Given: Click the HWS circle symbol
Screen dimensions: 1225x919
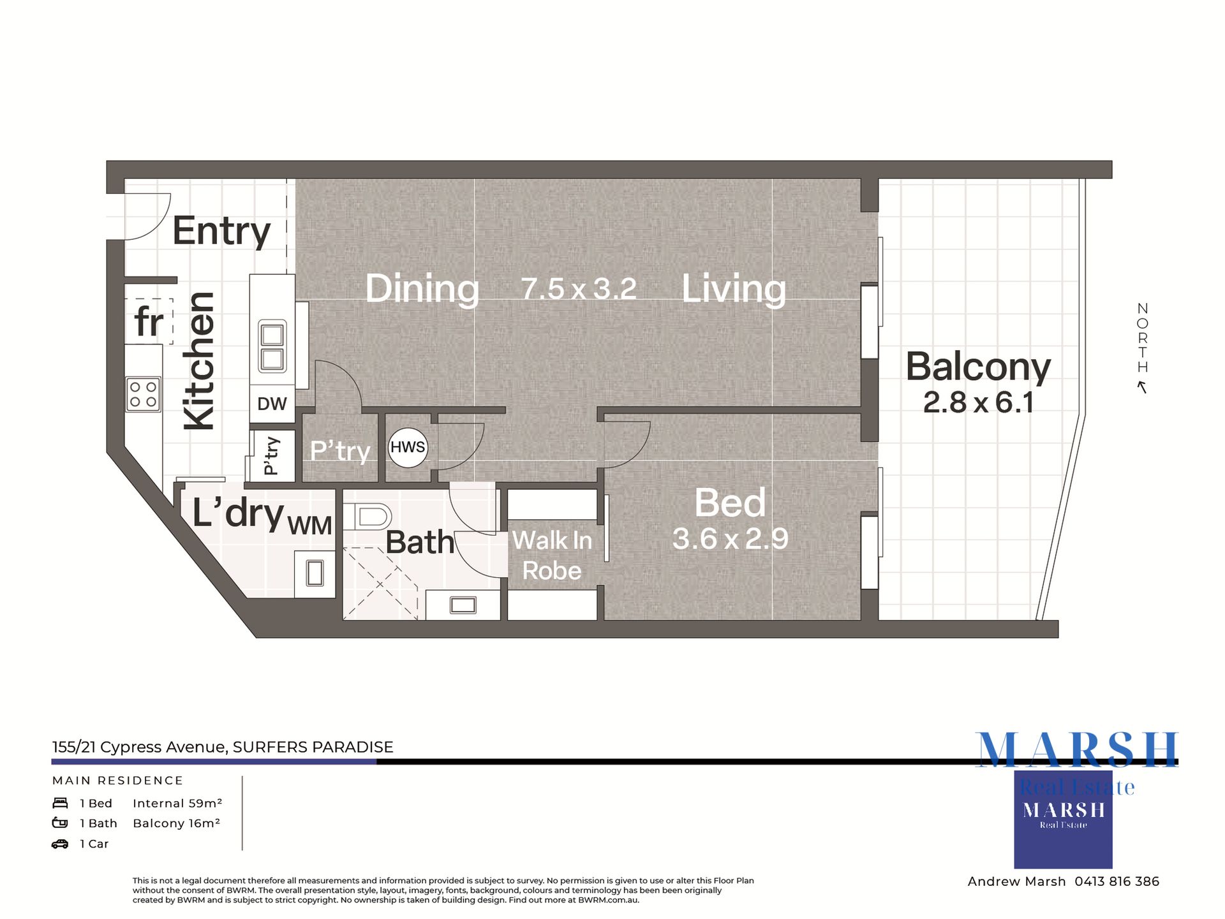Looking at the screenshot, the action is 408,448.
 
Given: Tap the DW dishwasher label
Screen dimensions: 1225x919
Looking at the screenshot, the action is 272,404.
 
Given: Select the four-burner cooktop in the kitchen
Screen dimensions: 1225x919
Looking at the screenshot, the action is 143,394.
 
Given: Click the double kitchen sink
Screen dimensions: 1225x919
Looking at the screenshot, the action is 272,346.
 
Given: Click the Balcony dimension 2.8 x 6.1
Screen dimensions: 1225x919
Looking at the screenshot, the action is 978,402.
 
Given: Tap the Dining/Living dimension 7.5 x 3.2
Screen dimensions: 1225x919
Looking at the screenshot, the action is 579,288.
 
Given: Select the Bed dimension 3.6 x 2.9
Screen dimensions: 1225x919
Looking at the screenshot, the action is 731,539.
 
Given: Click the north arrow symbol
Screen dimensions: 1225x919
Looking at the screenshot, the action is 1142,387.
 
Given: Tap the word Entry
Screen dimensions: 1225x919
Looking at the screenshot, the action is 221,231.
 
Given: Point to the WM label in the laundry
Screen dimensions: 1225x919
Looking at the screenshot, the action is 309,526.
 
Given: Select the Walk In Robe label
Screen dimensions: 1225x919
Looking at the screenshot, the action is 552,555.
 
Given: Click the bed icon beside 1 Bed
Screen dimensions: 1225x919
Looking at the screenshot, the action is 60,803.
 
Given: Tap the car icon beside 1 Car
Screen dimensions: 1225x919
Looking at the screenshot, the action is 60,844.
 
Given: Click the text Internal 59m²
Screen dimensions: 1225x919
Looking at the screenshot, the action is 177,804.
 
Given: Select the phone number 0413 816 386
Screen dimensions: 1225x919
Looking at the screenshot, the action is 1117,881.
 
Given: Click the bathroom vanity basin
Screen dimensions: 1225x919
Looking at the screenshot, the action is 463,605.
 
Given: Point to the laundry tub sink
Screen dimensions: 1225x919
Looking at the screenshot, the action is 315,573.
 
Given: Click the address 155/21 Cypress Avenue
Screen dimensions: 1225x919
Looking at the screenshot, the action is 139,747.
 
